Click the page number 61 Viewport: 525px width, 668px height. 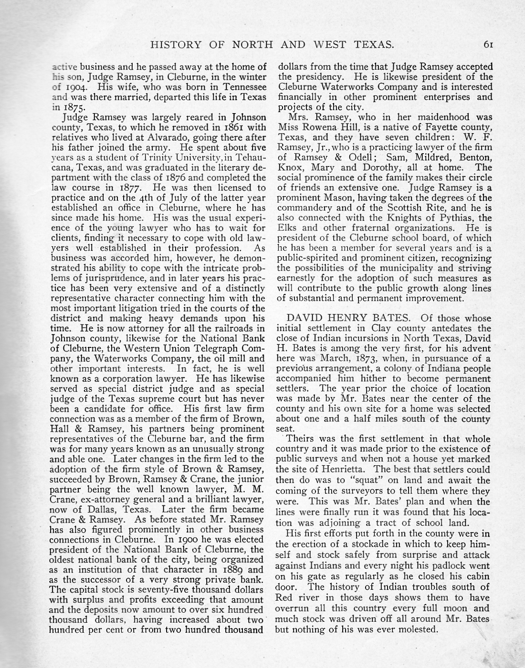point(488,45)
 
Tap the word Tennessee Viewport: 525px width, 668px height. point(241,87)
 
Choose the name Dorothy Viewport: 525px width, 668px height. point(380,167)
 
